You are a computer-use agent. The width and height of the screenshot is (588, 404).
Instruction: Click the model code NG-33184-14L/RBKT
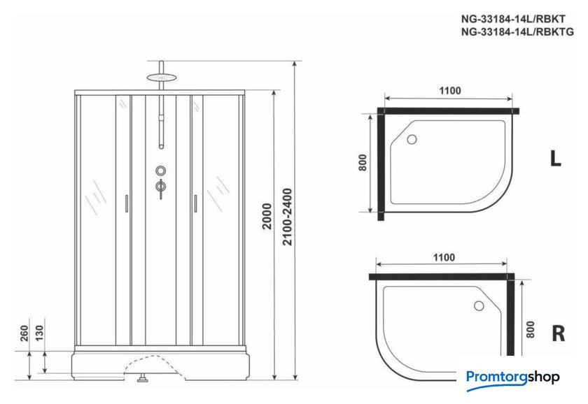pos(513,19)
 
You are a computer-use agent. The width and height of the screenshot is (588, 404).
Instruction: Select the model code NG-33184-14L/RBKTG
pos(517,32)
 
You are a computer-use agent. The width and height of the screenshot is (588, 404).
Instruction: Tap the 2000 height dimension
pos(267,217)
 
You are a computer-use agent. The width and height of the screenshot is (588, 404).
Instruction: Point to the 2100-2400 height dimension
pos(287,217)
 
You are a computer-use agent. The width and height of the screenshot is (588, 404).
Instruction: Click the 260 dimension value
pos(24,333)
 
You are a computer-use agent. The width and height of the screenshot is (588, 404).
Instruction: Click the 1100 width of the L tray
pos(449,91)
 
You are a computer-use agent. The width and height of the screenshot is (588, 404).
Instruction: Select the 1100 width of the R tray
pos(444,258)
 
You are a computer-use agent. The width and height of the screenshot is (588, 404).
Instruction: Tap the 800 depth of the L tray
pos(363,162)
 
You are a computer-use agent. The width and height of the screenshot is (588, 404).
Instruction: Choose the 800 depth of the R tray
pos(530,329)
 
